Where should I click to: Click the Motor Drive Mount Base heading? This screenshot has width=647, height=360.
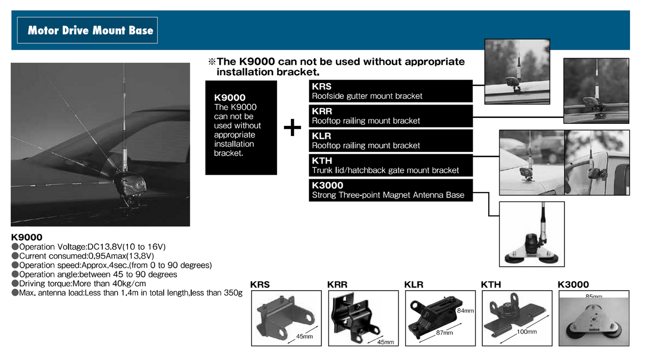click(x=90, y=30)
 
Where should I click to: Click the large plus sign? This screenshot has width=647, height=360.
click(x=292, y=128)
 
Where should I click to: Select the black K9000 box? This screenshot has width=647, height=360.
click(x=241, y=127)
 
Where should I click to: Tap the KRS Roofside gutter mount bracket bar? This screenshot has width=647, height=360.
click(x=391, y=91)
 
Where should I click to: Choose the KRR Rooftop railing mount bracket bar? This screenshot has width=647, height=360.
click(x=391, y=116)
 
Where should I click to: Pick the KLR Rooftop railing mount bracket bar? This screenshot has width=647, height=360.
click(x=391, y=140)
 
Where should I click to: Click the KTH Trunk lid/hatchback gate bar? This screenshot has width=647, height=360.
click(x=391, y=165)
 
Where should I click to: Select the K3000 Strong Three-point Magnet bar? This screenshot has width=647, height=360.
click(x=391, y=190)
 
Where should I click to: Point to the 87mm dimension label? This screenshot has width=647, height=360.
click(x=444, y=333)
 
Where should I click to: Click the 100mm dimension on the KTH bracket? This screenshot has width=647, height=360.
click(x=526, y=332)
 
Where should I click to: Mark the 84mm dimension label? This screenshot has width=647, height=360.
click(x=464, y=310)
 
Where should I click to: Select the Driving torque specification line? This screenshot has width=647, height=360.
click(x=82, y=284)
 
